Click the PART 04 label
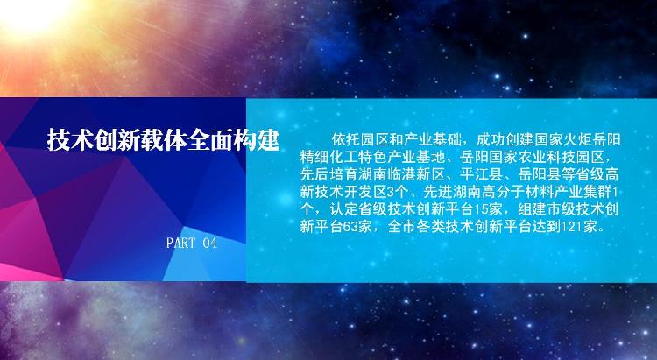(x=192, y=243)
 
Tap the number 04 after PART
(x=210, y=243)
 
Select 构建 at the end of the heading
(x=257, y=139)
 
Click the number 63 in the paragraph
(x=350, y=227)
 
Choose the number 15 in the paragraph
(x=481, y=209)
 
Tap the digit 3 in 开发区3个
(x=391, y=192)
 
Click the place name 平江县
(x=482, y=174)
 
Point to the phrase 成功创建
(x=505, y=139)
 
